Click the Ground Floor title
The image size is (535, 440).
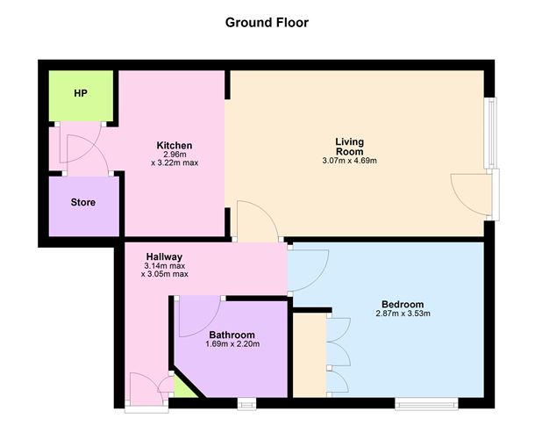(x=267, y=23)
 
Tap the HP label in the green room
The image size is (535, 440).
(x=81, y=93)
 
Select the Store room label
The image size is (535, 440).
(x=83, y=202)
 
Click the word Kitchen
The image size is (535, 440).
(x=175, y=145)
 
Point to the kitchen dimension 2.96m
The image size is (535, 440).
(x=175, y=154)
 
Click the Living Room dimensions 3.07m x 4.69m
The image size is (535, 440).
(x=349, y=161)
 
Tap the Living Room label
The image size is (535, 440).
(x=349, y=146)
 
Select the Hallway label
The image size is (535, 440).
(x=165, y=256)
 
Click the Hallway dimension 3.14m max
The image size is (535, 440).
(x=165, y=266)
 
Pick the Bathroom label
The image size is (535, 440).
(x=232, y=335)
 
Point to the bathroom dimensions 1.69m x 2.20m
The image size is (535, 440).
(x=232, y=344)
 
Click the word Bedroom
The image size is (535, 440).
(x=403, y=304)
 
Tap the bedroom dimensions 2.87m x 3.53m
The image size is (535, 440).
(x=403, y=314)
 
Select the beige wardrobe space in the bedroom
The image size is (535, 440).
(x=310, y=355)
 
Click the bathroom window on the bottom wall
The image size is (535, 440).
(x=246, y=404)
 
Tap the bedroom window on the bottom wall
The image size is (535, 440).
(x=426, y=404)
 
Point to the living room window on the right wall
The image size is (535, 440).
(x=490, y=133)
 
